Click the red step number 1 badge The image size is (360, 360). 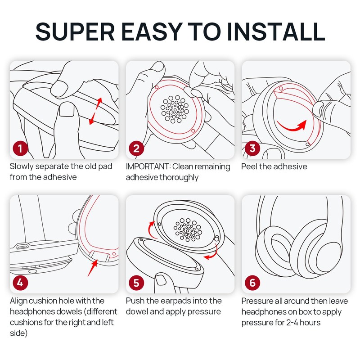point(20,148)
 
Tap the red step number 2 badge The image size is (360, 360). point(136,148)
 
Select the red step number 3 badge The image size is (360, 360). point(252,148)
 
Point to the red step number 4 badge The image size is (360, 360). point(20,283)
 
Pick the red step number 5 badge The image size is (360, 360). point(136,283)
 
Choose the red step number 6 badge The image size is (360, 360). point(252,283)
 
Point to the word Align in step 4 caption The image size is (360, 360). point(19,301)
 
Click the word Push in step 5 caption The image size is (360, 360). point(135,301)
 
